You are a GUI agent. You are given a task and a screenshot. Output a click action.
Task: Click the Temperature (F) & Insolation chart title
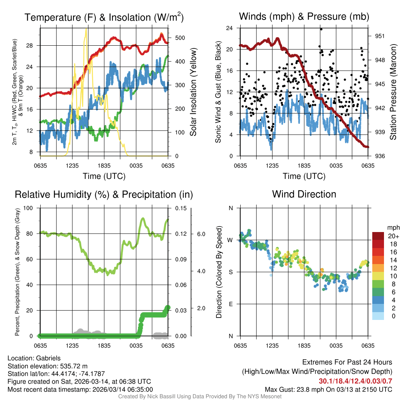[x=104, y=17]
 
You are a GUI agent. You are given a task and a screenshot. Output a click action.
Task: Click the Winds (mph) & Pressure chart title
[x=304, y=16]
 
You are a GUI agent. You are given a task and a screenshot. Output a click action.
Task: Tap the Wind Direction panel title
[x=304, y=194]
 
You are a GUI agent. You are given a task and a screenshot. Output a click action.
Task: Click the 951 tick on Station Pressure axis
[x=380, y=36]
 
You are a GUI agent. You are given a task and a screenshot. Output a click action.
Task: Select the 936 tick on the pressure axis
[x=380, y=156]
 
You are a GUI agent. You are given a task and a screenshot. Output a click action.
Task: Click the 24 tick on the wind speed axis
[x=230, y=28]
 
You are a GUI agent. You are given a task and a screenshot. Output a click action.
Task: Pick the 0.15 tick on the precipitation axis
[x=180, y=208]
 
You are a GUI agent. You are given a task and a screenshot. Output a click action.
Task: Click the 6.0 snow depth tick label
[x=201, y=234]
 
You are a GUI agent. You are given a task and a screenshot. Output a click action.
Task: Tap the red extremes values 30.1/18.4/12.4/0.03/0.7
[x=355, y=381]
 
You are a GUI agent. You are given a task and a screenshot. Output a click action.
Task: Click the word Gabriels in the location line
[x=49, y=358]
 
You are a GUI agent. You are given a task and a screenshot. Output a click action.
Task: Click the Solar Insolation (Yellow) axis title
[x=193, y=92]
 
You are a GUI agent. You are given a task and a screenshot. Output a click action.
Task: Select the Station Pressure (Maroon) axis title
[x=393, y=92]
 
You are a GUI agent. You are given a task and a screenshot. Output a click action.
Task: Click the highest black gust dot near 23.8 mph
[x=321, y=29]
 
